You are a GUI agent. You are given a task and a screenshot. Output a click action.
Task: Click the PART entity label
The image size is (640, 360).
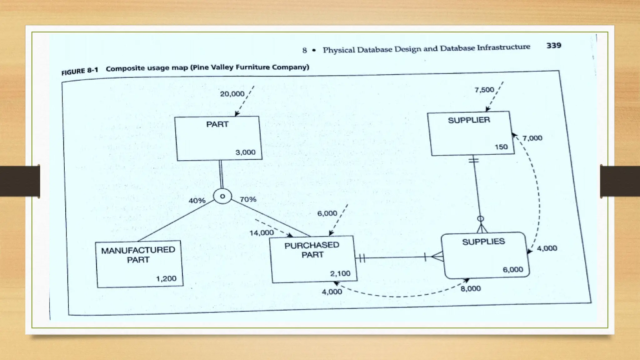[x=217, y=124]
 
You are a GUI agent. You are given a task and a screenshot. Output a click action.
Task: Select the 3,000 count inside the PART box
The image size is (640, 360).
[x=245, y=152]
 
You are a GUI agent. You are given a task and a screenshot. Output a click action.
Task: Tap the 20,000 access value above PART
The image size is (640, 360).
[x=232, y=94]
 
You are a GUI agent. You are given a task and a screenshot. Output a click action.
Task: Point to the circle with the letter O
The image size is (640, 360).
[x=222, y=196]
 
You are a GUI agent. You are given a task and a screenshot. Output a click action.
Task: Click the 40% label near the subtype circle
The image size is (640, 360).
[x=197, y=201]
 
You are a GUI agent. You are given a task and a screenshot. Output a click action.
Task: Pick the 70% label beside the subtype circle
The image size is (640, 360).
[x=248, y=199]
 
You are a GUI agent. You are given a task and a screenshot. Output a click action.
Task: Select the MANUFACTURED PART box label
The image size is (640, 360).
[x=138, y=255]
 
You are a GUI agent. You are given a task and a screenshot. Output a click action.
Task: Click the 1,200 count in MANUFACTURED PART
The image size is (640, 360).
[x=166, y=278]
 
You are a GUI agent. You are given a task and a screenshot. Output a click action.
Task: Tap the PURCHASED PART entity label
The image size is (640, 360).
[x=312, y=250]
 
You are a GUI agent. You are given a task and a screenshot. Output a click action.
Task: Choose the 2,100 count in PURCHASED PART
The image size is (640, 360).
[x=340, y=273]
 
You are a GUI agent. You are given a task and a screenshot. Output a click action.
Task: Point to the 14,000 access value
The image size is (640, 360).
[x=261, y=233]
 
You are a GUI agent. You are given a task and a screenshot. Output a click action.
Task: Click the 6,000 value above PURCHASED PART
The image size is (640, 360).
[x=327, y=213]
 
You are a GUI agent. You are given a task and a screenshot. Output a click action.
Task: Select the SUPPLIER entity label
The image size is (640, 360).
[x=469, y=120]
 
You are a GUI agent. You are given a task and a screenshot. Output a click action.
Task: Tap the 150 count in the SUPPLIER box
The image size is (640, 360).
[x=501, y=147]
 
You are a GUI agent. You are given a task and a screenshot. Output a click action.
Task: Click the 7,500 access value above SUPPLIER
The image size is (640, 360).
[x=484, y=90]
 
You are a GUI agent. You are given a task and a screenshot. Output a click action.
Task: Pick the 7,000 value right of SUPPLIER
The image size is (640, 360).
[x=532, y=138]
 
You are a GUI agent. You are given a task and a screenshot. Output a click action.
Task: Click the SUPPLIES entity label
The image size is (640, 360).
[x=483, y=242]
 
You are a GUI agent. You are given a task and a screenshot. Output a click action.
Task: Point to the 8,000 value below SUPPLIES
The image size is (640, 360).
[x=471, y=288]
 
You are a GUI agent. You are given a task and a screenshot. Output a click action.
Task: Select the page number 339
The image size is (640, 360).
[x=554, y=46]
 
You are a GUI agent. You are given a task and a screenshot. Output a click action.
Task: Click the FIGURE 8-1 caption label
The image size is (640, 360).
[x=80, y=71]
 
